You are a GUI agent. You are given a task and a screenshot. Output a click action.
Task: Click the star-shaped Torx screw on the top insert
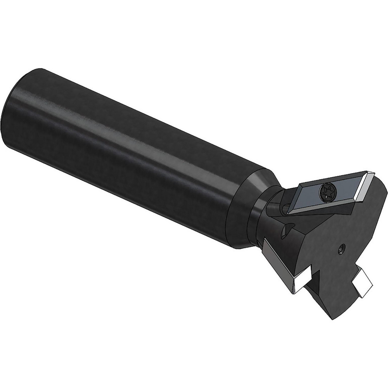326,192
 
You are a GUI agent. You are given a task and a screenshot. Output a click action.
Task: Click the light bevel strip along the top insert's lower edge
322,208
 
